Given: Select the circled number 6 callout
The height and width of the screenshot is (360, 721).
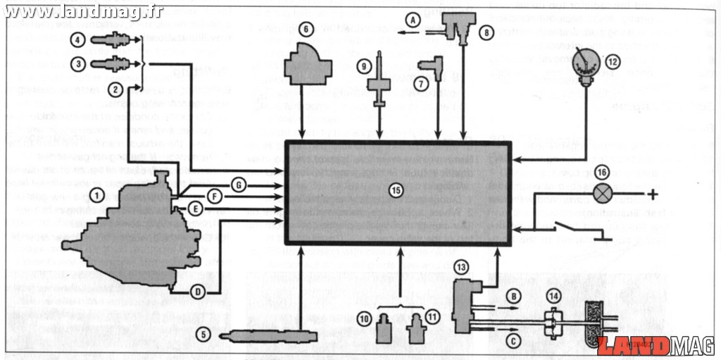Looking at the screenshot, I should click(x=306, y=30).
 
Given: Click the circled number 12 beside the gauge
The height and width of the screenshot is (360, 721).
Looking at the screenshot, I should click(x=612, y=61).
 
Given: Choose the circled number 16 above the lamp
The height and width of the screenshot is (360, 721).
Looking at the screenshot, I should click(x=601, y=171).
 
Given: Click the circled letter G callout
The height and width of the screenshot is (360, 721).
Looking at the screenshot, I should click(x=239, y=185).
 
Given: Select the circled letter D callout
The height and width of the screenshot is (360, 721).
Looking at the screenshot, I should click(x=199, y=291).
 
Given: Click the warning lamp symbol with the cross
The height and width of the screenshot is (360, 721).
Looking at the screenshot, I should click(x=601, y=192).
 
